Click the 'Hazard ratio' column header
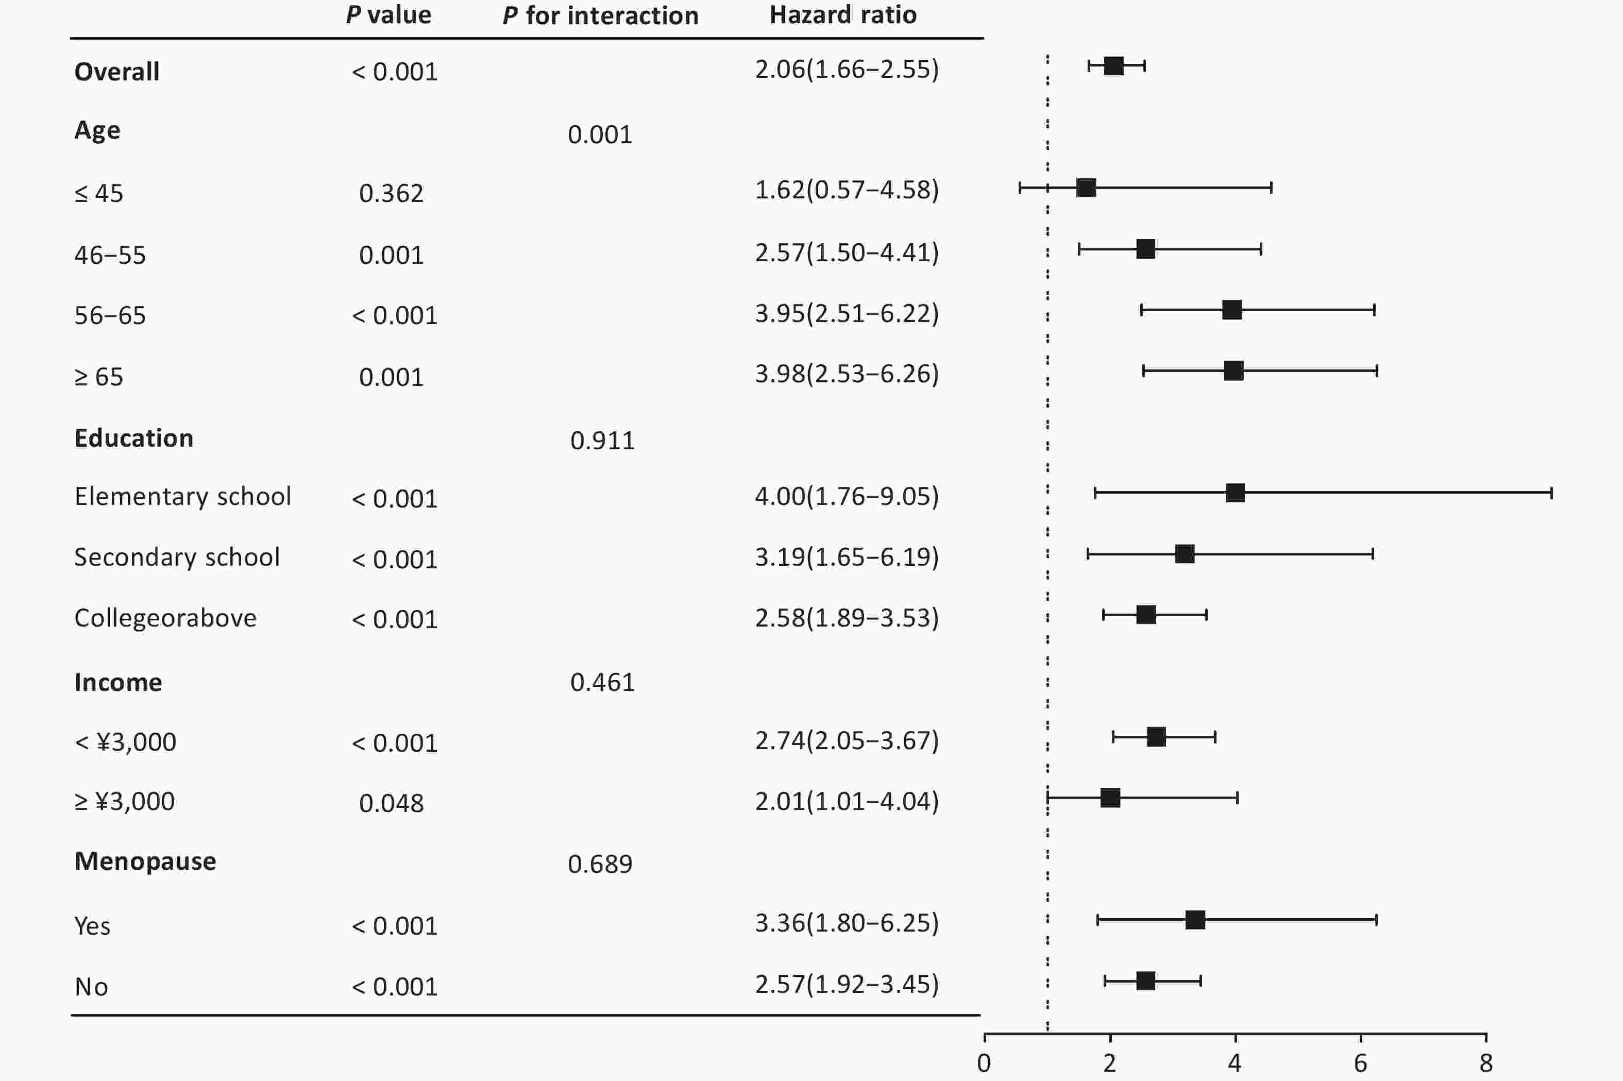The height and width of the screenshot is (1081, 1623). (842, 15)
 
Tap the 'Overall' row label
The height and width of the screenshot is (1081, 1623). (116, 72)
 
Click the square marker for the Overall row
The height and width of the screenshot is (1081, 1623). (1113, 66)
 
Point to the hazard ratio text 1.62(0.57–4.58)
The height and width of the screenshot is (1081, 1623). (847, 190)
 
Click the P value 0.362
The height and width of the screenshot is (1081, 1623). (391, 194)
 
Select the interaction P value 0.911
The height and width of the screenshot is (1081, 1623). (602, 441)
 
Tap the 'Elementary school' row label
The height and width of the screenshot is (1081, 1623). (183, 496)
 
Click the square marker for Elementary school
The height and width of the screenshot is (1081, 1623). (1235, 493)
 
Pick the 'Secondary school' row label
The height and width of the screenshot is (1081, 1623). (177, 557)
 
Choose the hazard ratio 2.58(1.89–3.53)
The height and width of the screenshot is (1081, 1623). (847, 618)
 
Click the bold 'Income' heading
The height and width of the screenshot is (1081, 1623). (118, 683)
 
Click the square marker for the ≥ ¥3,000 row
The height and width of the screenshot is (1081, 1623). (1110, 798)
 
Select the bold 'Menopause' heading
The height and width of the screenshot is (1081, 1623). (145, 862)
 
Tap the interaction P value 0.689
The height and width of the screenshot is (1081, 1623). (600, 865)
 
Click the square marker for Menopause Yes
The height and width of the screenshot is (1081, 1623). (1195, 920)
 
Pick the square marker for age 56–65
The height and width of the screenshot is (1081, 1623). (1231, 310)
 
